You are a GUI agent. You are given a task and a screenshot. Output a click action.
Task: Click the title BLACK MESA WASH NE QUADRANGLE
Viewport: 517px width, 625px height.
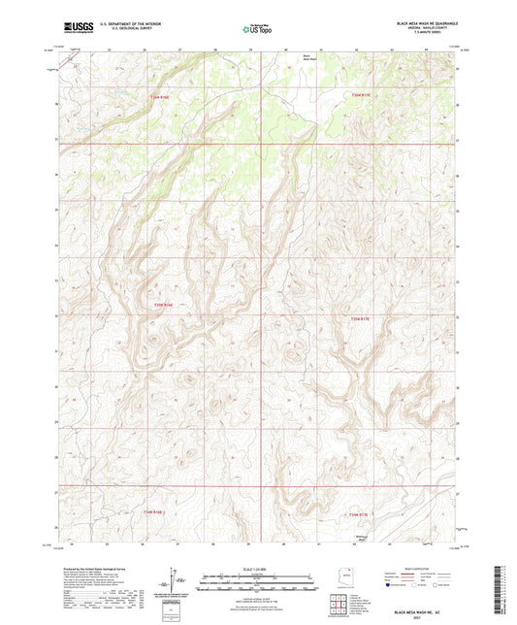[x=426, y=22]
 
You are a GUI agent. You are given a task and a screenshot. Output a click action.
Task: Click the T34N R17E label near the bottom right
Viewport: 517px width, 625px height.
[x=358, y=513]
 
